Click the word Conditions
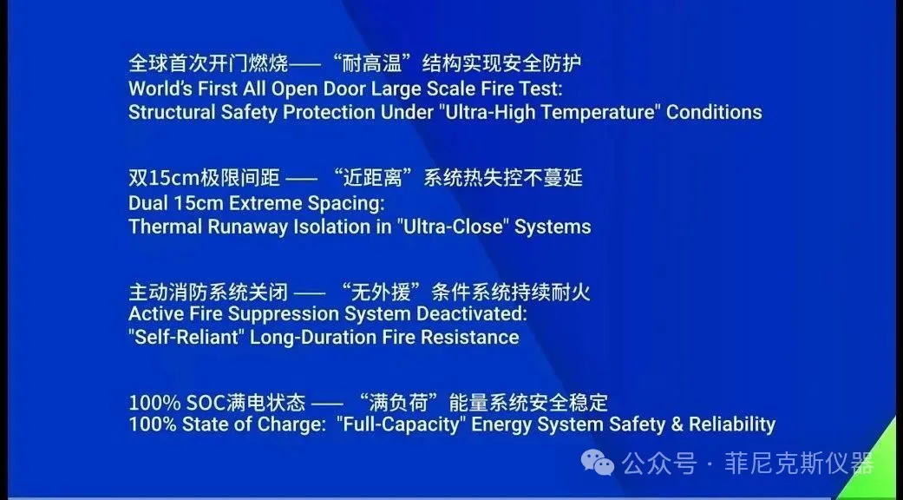[714, 111]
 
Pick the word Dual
[147, 203]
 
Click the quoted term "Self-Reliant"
[186, 337]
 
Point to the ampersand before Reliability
[677, 424]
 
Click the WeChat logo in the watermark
[598, 462]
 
